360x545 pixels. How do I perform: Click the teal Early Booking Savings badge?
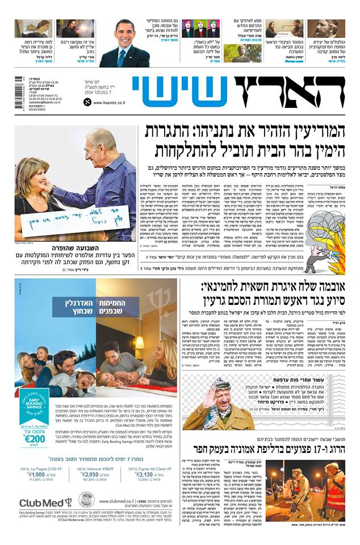point(34,404)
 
